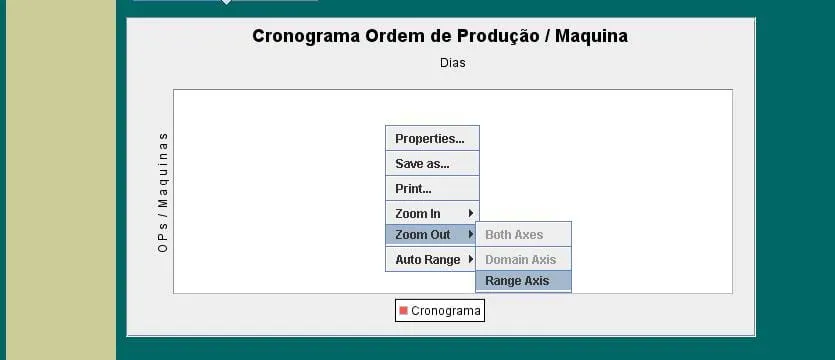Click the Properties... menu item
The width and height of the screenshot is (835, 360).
click(432, 138)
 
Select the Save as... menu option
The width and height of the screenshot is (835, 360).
click(432, 163)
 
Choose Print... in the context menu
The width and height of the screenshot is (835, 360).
click(432, 189)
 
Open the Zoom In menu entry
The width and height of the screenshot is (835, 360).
click(432, 214)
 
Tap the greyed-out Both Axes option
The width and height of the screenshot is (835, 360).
click(523, 235)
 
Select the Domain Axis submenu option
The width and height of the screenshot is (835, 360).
click(523, 260)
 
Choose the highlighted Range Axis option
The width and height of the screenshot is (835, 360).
click(523, 281)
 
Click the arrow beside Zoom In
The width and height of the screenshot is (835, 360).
click(471, 213)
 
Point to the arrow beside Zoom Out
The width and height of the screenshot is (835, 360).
click(471, 234)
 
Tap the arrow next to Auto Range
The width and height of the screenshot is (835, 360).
click(471, 259)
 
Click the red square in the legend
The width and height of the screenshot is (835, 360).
click(403, 310)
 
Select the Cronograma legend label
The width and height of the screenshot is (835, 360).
click(446, 310)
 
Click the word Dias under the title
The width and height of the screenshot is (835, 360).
click(453, 63)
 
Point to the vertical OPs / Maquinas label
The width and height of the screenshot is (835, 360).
click(163, 192)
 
